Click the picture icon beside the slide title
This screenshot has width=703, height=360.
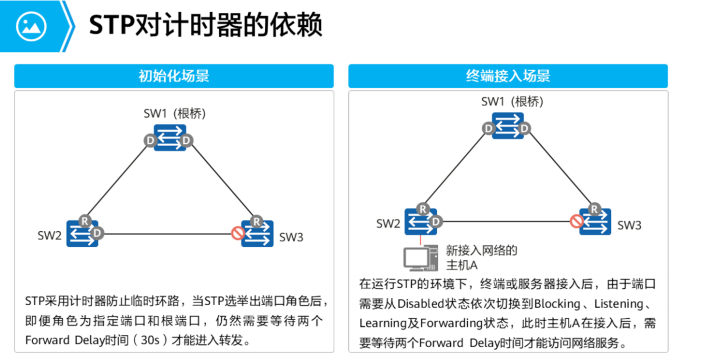point(31,26)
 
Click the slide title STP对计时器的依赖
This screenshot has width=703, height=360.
point(205,26)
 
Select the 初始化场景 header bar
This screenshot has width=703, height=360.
point(174,76)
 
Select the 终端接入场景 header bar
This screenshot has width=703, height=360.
point(508,76)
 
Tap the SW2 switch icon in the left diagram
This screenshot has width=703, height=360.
point(82,233)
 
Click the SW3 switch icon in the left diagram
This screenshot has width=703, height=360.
point(257,233)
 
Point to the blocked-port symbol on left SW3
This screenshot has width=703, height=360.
point(237,234)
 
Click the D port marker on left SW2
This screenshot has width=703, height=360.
point(97,233)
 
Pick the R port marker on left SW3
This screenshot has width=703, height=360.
point(256,221)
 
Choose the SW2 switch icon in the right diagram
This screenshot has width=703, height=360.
point(421,221)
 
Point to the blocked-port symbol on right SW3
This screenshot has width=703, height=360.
point(576,221)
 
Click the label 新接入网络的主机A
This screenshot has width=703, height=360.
point(481,258)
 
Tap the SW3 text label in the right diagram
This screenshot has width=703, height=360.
point(629,225)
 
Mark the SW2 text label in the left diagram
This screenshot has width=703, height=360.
point(50,235)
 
